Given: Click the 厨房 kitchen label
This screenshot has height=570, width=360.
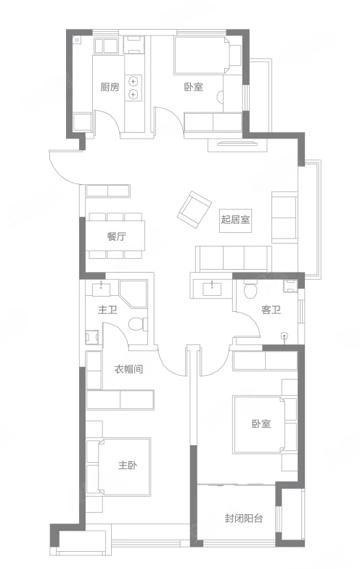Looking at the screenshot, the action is [110, 87].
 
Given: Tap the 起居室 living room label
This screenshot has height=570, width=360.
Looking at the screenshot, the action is [235, 220].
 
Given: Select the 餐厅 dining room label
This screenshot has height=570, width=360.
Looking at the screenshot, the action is [116, 236].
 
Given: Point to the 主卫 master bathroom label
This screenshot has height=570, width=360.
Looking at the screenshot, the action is [107, 310].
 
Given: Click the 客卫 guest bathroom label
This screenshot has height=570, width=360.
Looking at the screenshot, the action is [271, 310].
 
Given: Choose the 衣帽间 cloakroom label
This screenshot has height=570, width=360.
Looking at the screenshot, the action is [128, 369].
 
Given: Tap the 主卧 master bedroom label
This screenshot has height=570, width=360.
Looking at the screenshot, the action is [128, 465].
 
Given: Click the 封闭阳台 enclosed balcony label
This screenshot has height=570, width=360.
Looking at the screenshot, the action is [244, 519].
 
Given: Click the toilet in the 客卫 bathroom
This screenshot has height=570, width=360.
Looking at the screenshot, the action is [250, 289].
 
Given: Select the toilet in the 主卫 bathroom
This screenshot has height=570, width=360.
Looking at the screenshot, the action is [138, 323].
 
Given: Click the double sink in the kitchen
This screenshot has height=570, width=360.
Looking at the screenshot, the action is [106, 46].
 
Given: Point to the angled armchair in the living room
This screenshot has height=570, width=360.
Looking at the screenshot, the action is [195, 210].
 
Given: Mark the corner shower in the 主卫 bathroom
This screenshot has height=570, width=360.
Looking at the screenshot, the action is [134, 294].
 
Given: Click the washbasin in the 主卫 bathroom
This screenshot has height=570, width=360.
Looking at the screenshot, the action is [101, 289].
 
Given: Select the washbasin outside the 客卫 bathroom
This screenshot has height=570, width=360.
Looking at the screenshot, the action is [212, 289].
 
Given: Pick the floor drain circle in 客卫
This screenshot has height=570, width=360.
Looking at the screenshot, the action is [285, 335].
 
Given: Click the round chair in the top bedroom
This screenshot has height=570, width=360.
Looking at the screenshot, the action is [220, 97].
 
